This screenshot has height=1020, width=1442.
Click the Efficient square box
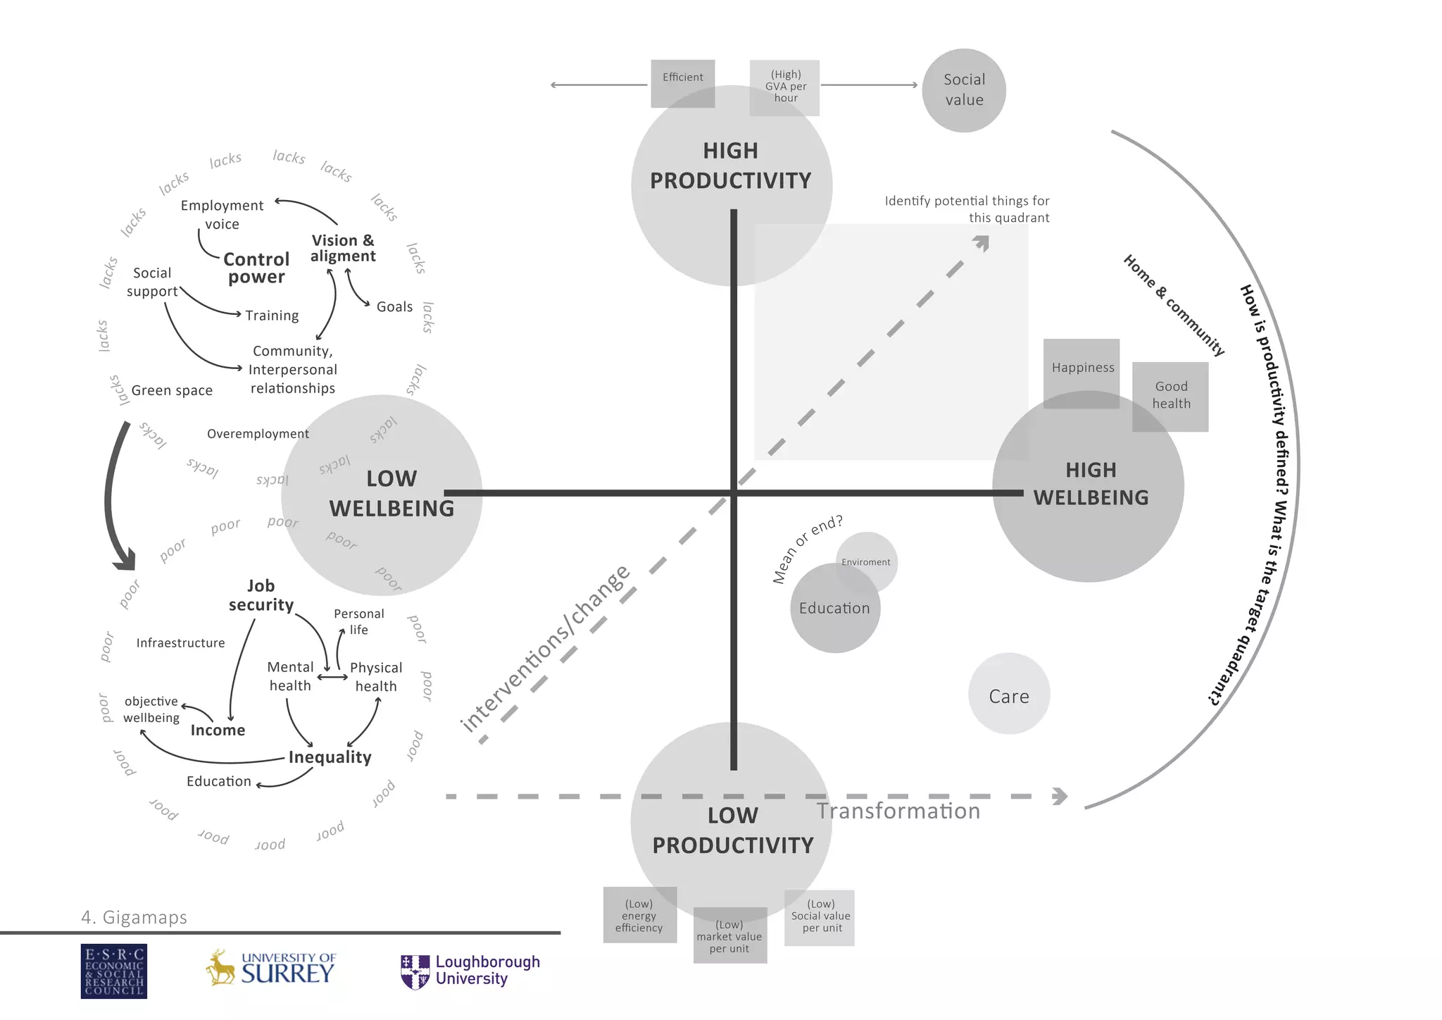pyautogui.click(x=682, y=83)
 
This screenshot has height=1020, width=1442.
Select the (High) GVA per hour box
pyautogui.click(x=784, y=87)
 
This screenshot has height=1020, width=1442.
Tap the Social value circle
pyautogui.click(x=963, y=90)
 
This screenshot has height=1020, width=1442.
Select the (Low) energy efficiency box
pyautogui.click(x=639, y=914)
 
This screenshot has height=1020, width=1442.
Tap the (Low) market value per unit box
pyautogui.click(x=729, y=935)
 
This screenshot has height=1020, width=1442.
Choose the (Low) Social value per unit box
pyautogui.click(x=820, y=917)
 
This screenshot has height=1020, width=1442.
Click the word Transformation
pyautogui.click(x=898, y=811)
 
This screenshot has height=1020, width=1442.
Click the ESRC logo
pyautogui.click(x=114, y=971)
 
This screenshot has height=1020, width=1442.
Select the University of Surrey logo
pyautogui.click(x=271, y=968)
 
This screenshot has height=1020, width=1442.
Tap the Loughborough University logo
pyautogui.click(x=470, y=971)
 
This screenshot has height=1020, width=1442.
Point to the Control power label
pyautogui.click(x=256, y=268)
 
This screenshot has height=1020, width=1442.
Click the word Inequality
pyautogui.click(x=330, y=757)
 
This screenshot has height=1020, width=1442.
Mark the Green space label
pyautogui.click(x=172, y=390)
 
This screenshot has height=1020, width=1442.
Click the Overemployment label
pyautogui.click(x=258, y=434)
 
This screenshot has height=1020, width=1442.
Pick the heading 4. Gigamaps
pyautogui.click(x=134, y=917)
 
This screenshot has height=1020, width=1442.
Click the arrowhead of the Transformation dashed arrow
pyautogui.click(x=1060, y=797)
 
